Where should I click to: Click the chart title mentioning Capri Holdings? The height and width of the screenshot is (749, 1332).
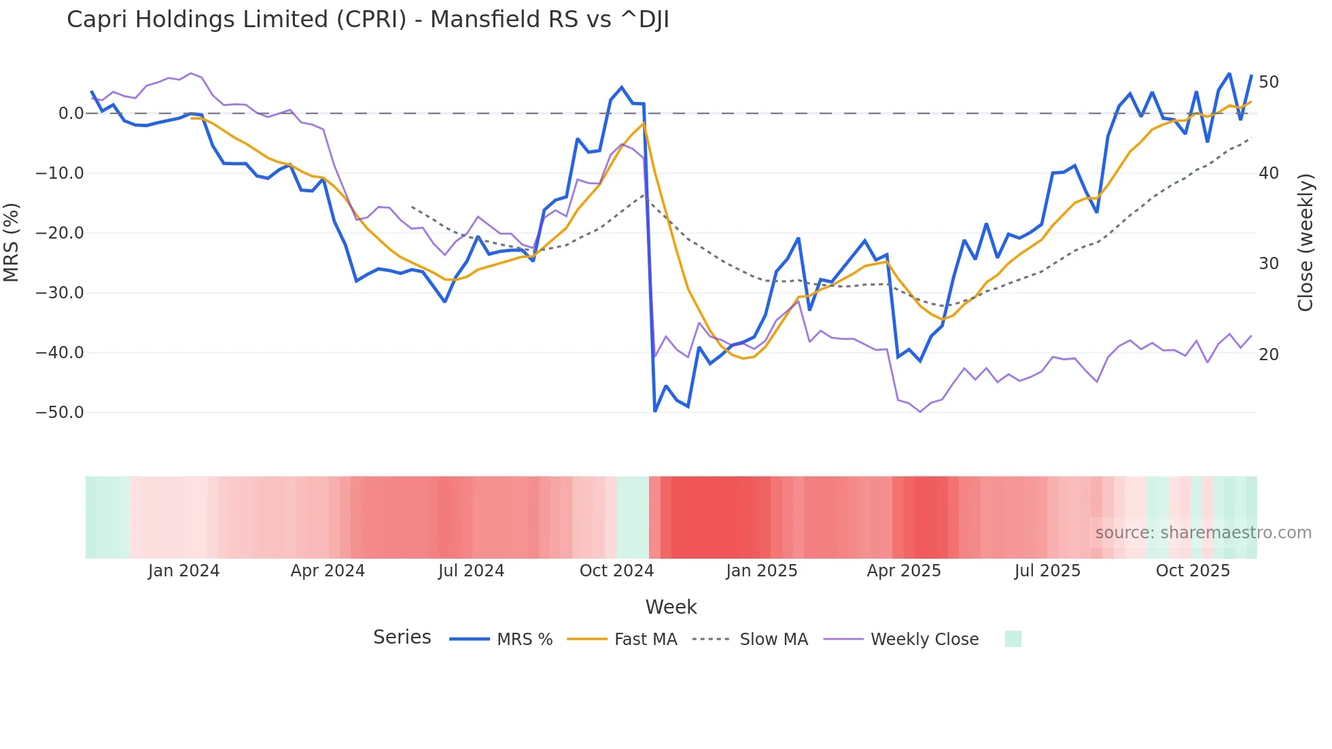point(368,20)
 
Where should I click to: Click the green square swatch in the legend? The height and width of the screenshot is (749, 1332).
point(1013,639)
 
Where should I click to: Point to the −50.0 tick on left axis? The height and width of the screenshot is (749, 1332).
point(60,413)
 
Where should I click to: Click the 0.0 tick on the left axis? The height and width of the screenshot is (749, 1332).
point(71,114)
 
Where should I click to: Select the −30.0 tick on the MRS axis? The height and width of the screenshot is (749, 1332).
point(60,293)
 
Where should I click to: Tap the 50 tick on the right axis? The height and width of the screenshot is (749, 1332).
point(1269,82)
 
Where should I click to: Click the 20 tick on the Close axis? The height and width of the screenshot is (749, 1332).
point(1269,355)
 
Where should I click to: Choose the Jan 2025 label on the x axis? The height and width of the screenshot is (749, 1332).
point(761,571)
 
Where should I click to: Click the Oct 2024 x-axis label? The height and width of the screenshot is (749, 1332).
point(616,571)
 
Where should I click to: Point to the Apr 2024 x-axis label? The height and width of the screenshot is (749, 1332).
point(328,571)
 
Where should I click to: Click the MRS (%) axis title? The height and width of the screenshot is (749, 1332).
point(12,242)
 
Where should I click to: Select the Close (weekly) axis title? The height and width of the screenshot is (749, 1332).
point(1305,242)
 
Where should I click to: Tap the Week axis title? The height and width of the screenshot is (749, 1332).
point(671,607)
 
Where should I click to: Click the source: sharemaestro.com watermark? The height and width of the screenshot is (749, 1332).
point(1203,533)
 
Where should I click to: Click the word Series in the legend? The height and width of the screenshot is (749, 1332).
point(402,638)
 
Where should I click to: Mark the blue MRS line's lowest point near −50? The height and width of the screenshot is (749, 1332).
point(655,411)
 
